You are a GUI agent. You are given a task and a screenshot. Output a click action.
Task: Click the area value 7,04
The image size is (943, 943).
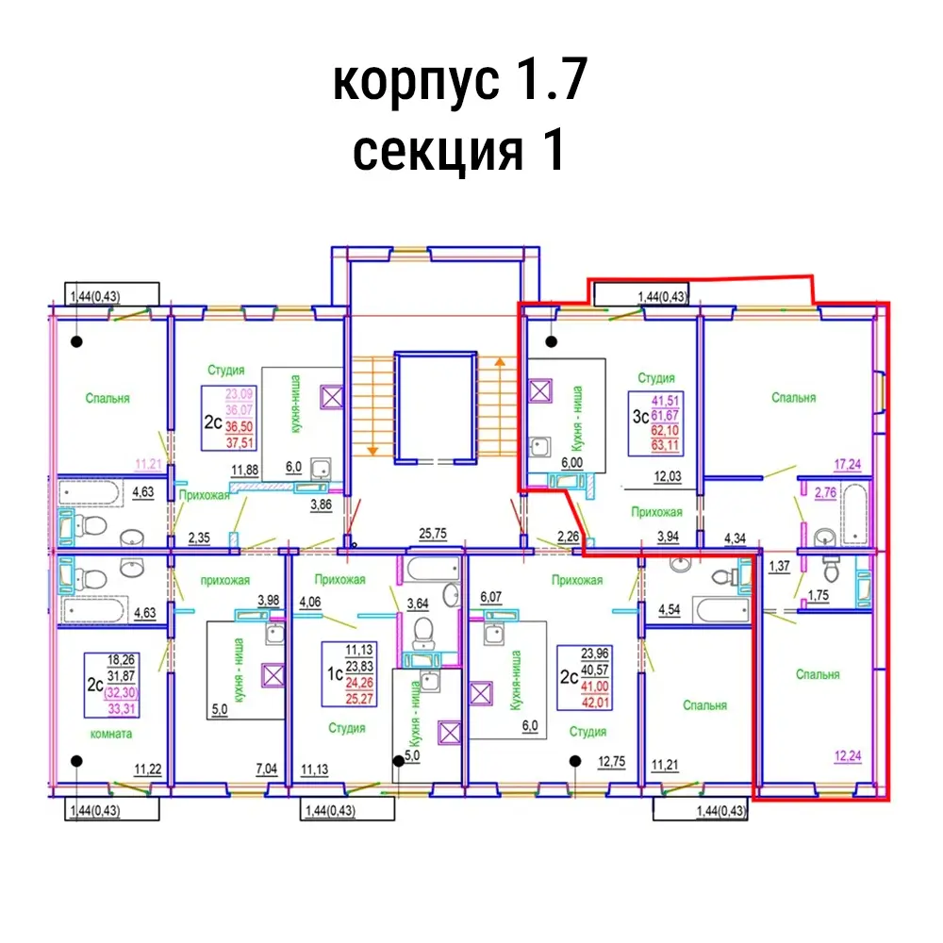pyautogui.click(x=267, y=769)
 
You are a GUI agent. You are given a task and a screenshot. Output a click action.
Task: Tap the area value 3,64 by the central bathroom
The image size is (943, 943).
pyautogui.click(x=417, y=604)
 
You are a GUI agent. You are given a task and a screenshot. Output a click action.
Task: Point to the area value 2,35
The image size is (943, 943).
pyautogui.click(x=199, y=538)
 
